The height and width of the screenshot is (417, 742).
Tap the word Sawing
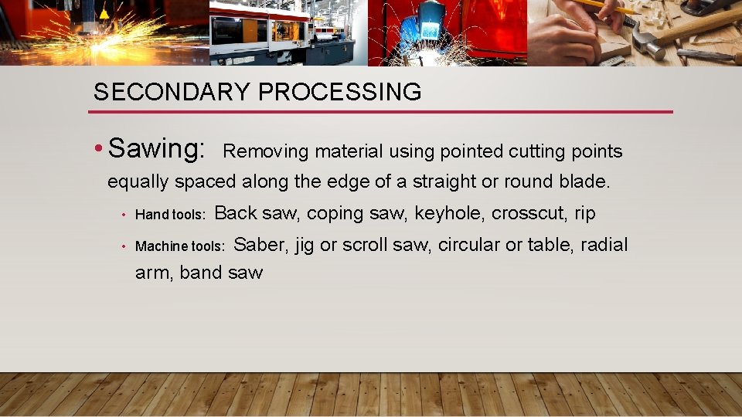157,148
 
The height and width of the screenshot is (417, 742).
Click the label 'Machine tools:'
180,246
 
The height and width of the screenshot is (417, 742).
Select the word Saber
260,246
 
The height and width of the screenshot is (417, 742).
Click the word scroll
366,245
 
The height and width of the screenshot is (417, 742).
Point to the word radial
604,245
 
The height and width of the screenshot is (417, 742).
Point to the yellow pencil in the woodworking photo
599,5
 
